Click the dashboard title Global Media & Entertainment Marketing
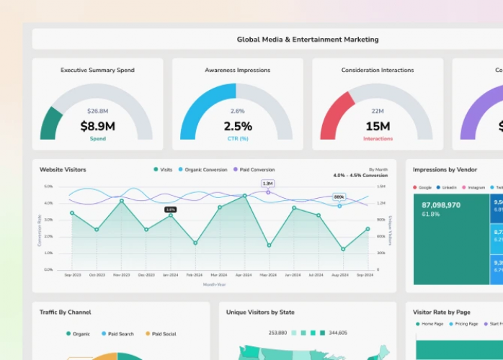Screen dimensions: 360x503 click(308, 40)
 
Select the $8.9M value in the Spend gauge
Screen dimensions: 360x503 click(97, 126)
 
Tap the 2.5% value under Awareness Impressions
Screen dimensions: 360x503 click(237, 126)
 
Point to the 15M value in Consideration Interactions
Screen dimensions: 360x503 click(378, 126)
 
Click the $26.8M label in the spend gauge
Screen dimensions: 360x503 click(97, 111)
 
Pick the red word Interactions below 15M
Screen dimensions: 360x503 click(378, 138)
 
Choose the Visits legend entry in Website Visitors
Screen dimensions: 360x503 click(162, 170)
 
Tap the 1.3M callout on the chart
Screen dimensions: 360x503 click(267, 184)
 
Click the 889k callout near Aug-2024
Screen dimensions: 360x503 click(339, 197)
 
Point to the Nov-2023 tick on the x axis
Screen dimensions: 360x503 click(121, 275)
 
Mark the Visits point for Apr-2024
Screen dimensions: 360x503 click(244, 196)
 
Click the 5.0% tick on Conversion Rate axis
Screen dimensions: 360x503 click(48, 186)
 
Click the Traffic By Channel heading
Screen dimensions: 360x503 click(65, 312)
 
